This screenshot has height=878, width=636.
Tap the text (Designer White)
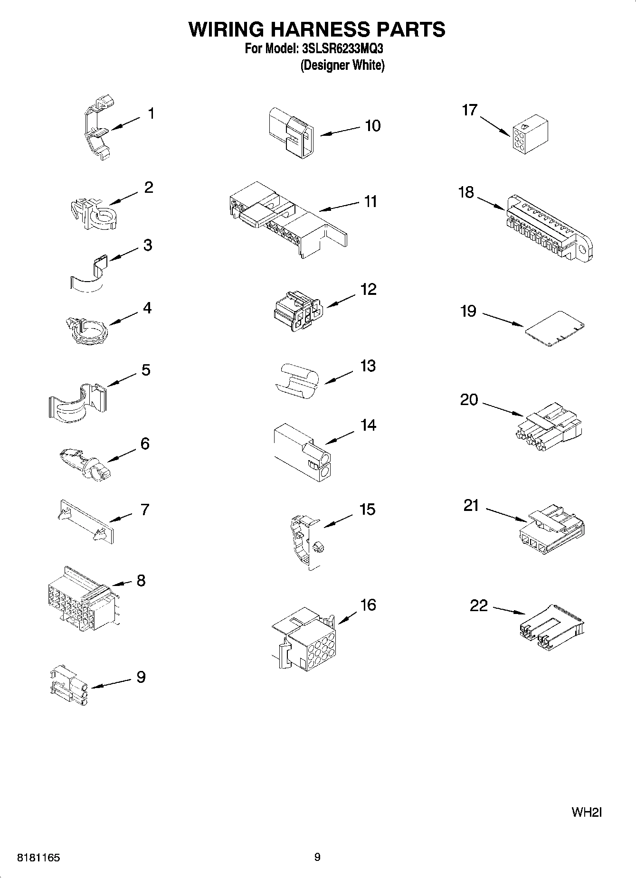pyautogui.click(x=342, y=65)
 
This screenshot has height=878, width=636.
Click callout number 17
pyautogui.click(x=469, y=110)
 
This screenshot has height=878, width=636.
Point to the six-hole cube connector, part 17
pyautogui.click(x=530, y=136)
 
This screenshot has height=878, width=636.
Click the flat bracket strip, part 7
pyautogui.click(x=86, y=521)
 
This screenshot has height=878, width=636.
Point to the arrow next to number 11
pyautogui.click(x=339, y=206)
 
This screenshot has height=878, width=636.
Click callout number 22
pyautogui.click(x=478, y=605)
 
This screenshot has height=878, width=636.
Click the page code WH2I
pyautogui.click(x=587, y=812)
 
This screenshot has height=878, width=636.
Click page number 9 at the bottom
pyautogui.click(x=317, y=857)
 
